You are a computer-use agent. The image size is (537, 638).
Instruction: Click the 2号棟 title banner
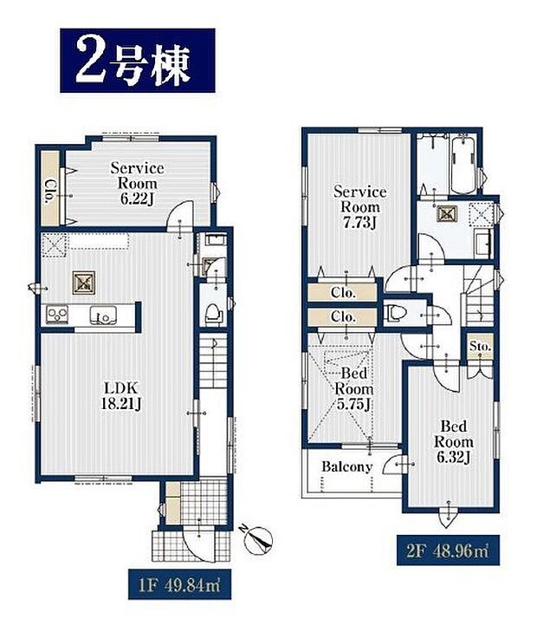coord(137,61)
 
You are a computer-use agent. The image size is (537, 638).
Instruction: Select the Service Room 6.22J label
coord(137,184)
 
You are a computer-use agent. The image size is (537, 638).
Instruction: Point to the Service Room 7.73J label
coord(359,199)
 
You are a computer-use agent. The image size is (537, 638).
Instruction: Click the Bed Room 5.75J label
coord(353,389)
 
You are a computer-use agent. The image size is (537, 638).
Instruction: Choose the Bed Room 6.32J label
coord(452,441)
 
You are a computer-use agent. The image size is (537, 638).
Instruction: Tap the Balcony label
coord(346,467)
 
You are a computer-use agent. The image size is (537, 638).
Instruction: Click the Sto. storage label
coord(480,347)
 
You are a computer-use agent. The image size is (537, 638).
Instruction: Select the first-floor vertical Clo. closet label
coord(51,189)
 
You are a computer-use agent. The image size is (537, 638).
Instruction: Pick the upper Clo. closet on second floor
coord(343,293)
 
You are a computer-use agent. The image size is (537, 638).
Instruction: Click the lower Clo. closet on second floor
coord(343,317)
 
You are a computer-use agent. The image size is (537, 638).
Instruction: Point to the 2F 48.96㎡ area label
coord(444,549)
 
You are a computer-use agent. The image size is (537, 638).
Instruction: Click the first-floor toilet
coord(210,310)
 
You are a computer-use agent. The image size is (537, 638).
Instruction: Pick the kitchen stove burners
coord(58,315)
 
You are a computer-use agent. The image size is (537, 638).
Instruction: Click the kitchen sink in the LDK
coord(106,316)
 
